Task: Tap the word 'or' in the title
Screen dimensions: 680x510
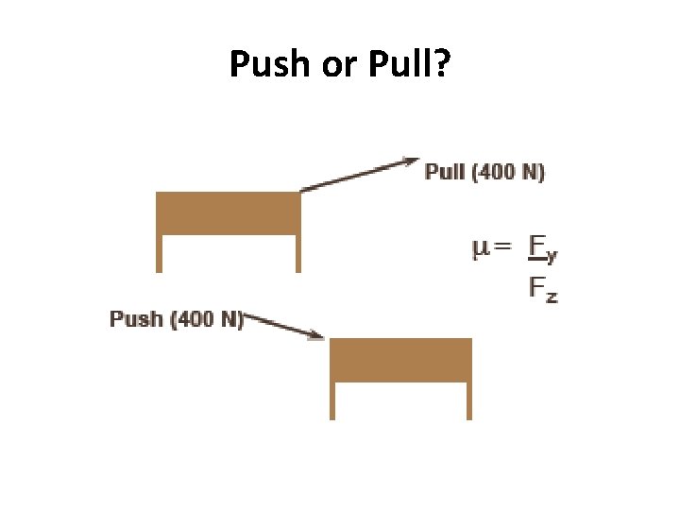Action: (x=336, y=66)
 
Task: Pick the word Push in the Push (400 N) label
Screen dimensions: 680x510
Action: (x=136, y=318)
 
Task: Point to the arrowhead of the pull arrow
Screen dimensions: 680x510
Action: (x=413, y=161)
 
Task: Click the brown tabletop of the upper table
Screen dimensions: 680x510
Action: (x=228, y=212)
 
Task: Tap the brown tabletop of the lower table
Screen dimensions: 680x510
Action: (x=399, y=360)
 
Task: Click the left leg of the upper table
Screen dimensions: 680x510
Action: (x=159, y=253)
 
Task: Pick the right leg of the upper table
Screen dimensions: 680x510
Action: (x=297, y=253)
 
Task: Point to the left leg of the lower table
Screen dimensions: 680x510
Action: (x=331, y=400)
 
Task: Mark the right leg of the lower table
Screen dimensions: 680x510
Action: (x=468, y=400)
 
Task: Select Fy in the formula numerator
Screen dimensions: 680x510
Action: (x=541, y=249)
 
